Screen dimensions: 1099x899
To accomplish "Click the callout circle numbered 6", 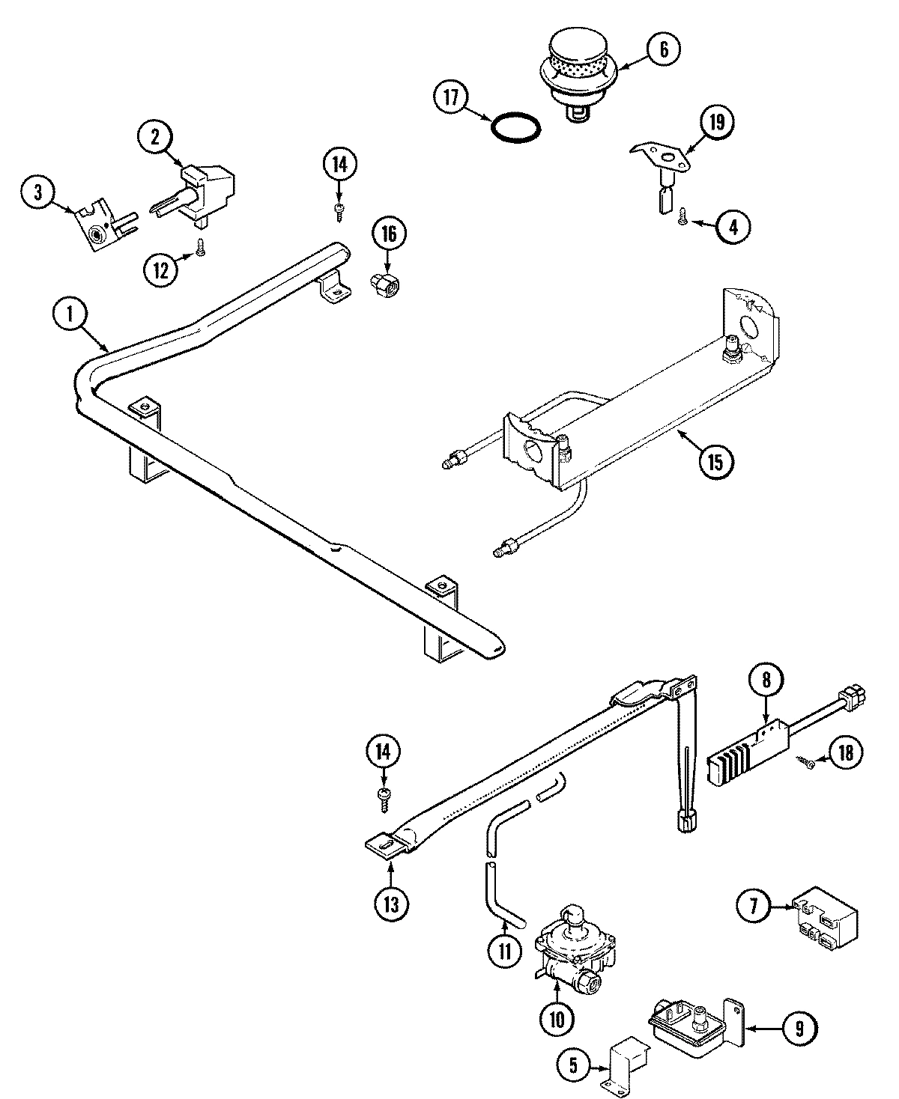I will click(x=662, y=49).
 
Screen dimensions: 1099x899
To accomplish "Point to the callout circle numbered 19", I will click(x=717, y=122).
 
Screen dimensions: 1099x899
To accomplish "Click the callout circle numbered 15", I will click(x=715, y=460).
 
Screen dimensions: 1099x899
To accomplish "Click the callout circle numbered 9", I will click(x=798, y=1029).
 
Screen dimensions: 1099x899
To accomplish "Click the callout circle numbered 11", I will click(x=504, y=951).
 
